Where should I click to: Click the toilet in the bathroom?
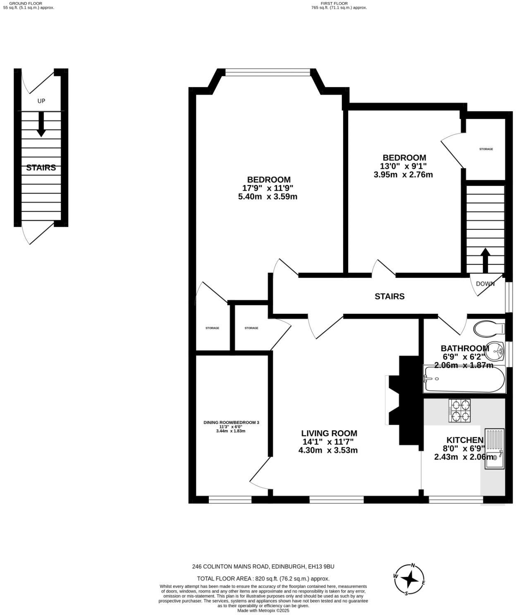[x=489, y=329]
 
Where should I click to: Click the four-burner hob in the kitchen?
[x=459, y=410]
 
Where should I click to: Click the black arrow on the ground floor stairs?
[x=41, y=124]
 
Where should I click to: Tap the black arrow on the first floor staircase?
[x=485, y=260]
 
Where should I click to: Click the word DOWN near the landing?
[x=485, y=284]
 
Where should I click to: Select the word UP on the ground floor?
[x=41, y=101]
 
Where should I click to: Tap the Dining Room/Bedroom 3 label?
[x=231, y=422]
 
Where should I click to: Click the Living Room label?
[x=329, y=433]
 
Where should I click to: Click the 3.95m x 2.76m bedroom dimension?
[x=403, y=174]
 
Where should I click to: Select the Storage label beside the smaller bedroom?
[x=486, y=149]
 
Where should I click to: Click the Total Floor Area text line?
[x=263, y=579]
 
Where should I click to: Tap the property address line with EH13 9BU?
[x=263, y=567]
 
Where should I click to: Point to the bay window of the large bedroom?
[x=268, y=73]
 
